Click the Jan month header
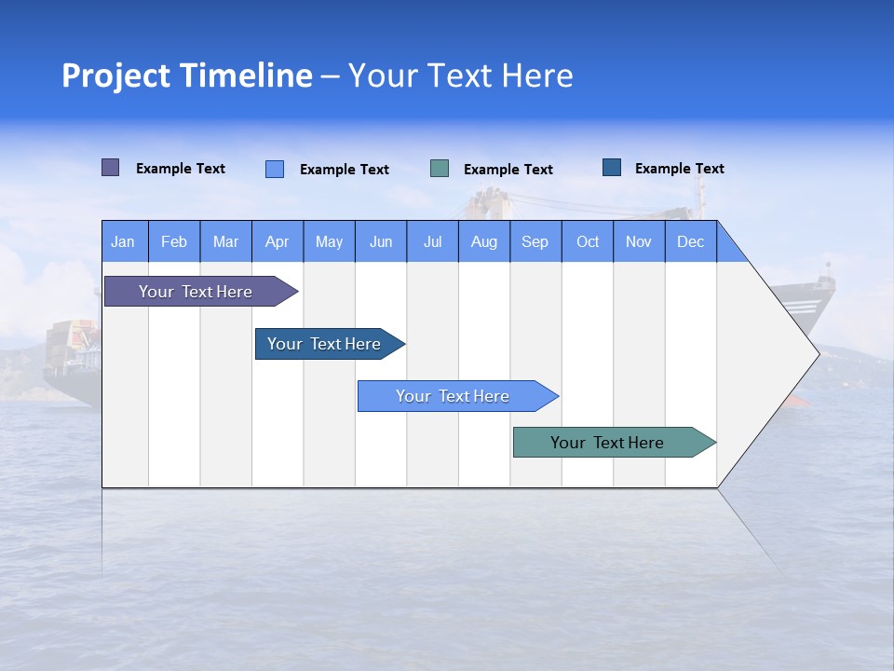(x=123, y=241)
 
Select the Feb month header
(x=174, y=241)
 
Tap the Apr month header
(x=277, y=241)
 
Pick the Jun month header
(x=381, y=241)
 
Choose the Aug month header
(x=483, y=241)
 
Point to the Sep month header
(x=535, y=241)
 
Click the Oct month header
(x=588, y=241)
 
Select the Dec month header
(x=690, y=241)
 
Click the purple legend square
(x=111, y=168)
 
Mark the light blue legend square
(x=275, y=169)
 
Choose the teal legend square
(x=440, y=169)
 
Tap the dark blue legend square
(x=612, y=168)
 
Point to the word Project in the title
(x=115, y=75)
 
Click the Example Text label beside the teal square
(x=508, y=170)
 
